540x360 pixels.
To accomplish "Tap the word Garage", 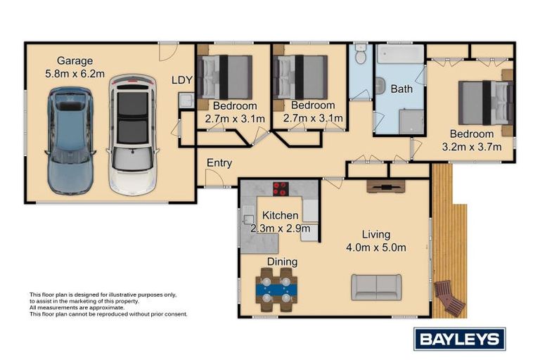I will (75, 60).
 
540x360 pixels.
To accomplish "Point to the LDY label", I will (182, 80).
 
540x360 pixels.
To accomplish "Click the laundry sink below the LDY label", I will (185, 102).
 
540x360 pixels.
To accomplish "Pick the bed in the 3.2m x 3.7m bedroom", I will (485, 103).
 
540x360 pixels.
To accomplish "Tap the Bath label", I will (401, 89).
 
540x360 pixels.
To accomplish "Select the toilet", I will (361, 53).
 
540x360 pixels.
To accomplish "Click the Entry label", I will (219, 163).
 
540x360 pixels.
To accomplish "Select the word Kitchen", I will (281, 215).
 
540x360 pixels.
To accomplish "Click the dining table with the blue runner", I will (276, 288).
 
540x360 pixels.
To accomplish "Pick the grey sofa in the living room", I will (376, 286).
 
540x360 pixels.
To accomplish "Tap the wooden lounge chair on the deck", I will (449, 297).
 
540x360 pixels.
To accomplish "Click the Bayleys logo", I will (459, 339).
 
